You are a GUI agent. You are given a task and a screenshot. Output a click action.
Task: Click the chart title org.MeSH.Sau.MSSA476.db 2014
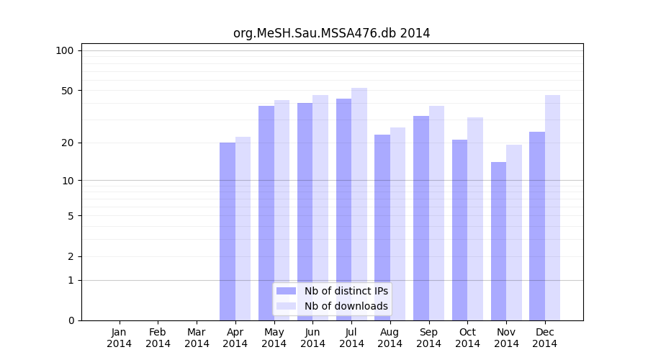point(331,33)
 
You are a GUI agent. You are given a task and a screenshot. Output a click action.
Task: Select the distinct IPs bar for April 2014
point(228,230)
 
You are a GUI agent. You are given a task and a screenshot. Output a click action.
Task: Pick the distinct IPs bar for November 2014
point(498,241)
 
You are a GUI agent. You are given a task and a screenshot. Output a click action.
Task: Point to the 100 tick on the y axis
point(65,50)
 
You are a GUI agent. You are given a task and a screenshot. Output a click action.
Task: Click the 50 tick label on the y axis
point(68,91)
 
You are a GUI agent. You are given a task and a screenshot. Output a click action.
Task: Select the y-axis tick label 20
point(68,143)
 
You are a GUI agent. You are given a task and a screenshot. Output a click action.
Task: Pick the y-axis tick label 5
point(71,215)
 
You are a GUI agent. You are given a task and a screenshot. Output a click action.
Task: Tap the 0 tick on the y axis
point(71,320)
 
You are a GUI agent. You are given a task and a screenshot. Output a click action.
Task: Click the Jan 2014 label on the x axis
point(120,338)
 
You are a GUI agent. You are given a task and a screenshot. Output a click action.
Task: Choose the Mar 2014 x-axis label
point(197,338)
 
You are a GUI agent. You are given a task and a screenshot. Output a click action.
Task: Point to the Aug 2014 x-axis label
point(390,338)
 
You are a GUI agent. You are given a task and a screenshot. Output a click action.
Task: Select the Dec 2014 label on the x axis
point(545,338)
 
